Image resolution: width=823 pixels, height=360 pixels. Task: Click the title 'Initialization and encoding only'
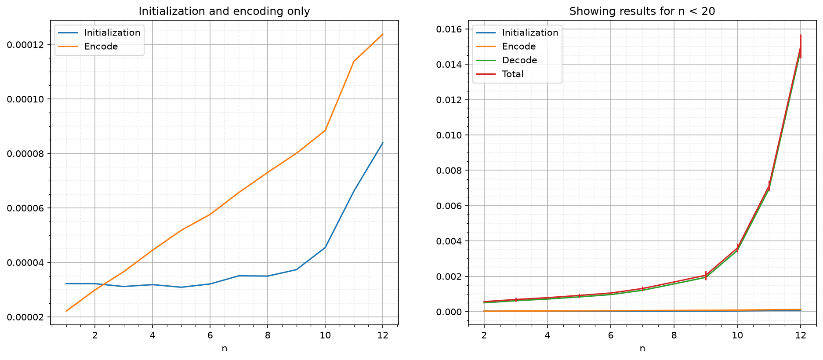click(x=224, y=11)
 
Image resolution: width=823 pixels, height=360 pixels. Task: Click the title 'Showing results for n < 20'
click(x=642, y=11)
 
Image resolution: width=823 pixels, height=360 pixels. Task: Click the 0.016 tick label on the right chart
click(x=449, y=29)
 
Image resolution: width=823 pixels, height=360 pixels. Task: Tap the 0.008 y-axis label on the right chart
click(x=449, y=171)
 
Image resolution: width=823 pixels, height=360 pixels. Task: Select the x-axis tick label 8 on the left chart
click(x=267, y=335)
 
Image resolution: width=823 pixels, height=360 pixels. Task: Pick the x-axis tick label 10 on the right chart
click(x=737, y=335)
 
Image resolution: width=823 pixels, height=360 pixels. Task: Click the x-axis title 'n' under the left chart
click(x=225, y=349)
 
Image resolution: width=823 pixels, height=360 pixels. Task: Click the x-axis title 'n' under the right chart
click(x=642, y=349)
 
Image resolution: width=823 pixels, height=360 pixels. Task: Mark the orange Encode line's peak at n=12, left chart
click(x=383, y=34)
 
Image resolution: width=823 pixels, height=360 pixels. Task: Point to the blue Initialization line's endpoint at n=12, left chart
click(x=383, y=143)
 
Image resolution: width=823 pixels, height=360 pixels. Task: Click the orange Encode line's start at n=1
click(x=66, y=311)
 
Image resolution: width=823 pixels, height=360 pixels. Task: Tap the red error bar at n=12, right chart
click(x=801, y=46)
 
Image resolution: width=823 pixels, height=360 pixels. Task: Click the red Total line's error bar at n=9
click(x=706, y=276)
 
